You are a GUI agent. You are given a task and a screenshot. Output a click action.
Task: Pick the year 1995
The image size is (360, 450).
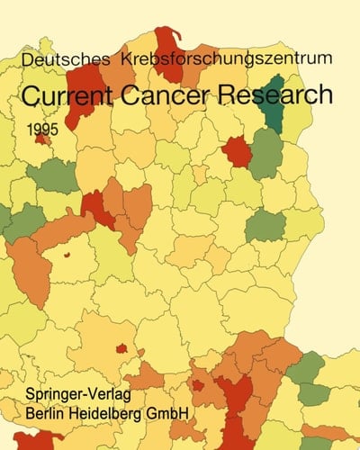(41, 130)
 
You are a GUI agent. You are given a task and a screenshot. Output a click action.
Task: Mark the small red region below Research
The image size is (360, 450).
(237, 150)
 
